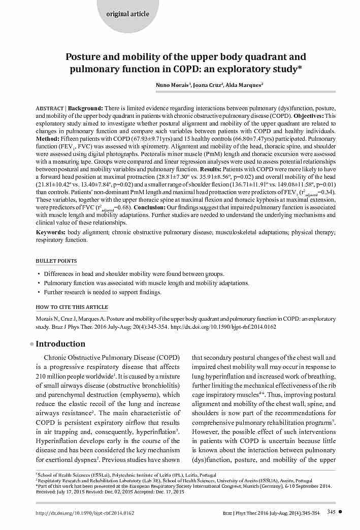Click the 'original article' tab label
click(127, 14)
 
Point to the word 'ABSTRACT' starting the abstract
click(49, 109)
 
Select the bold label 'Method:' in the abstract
click(48, 139)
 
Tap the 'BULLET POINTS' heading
click(56, 261)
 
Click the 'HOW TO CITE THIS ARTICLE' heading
click(72, 307)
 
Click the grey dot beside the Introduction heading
click(31, 344)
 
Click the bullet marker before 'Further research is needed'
click(39, 292)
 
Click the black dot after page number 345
click(340, 512)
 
